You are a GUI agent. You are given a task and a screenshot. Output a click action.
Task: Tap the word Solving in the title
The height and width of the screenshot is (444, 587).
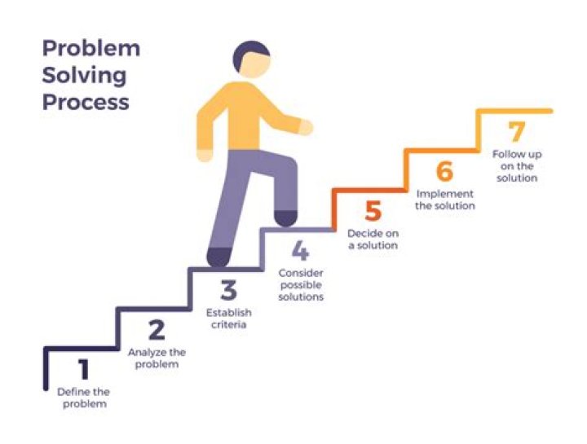click(x=85, y=75)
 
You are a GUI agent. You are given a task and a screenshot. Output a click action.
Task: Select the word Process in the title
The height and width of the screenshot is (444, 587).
click(x=86, y=103)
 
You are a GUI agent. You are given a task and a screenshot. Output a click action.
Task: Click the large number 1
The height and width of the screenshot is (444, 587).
click(x=82, y=371)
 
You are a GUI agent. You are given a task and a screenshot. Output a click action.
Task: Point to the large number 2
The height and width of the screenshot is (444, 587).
click(x=157, y=330)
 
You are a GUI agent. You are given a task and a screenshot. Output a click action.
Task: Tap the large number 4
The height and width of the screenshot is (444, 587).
click(x=300, y=249)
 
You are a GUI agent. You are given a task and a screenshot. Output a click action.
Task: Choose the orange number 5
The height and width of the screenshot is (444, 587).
click(x=373, y=212)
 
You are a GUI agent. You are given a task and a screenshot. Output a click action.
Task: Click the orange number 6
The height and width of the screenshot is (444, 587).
click(x=444, y=172)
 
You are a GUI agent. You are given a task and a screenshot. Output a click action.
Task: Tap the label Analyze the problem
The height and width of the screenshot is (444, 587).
click(x=157, y=358)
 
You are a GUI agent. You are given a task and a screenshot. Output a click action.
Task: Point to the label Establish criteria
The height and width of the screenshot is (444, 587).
click(x=228, y=319)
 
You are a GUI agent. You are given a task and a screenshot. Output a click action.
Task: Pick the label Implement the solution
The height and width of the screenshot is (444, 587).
click(x=445, y=200)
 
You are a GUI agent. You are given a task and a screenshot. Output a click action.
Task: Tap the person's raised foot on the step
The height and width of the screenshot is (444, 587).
click(x=285, y=218)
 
